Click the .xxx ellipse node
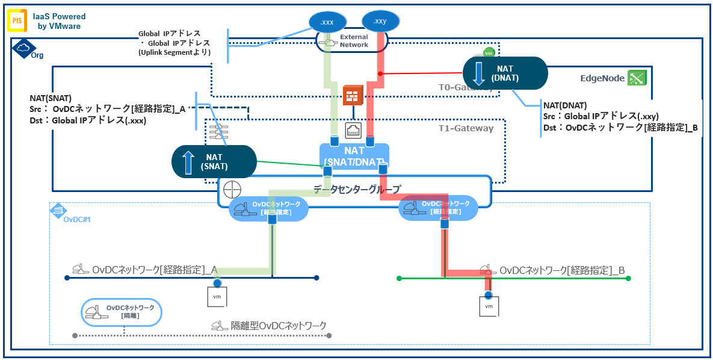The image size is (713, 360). pyautogui.click(x=327, y=22)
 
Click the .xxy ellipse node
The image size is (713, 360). pyautogui.click(x=380, y=21)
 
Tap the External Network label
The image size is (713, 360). pyautogui.click(x=354, y=41)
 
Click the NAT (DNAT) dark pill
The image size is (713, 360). pyautogui.click(x=505, y=73)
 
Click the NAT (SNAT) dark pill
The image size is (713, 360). pyautogui.click(x=214, y=161)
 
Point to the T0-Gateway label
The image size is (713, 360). pyautogui.click(x=466, y=87)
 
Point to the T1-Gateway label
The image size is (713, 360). pyautogui.click(x=466, y=128)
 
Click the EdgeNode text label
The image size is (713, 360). pyautogui.click(x=602, y=78)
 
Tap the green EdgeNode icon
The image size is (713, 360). pyautogui.click(x=636, y=78)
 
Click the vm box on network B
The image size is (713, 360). pyautogui.click(x=489, y=306)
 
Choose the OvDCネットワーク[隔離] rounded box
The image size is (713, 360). pyautogui.click(x=122, y=311)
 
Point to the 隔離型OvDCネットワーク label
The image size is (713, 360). pyautogui.click(x=279, y=326)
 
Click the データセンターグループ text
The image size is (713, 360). pyautogui.click(x=357, y=188)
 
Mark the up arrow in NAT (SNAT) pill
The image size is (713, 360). pyautogui.click(x=188, y=161)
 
